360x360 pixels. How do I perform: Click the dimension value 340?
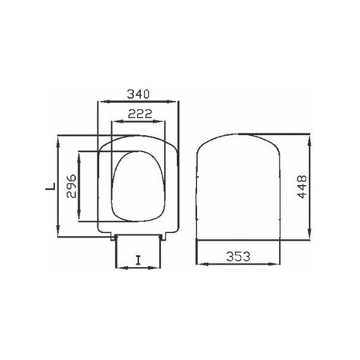(x=138, y=93)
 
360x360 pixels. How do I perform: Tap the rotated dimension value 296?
(x=71, y=186)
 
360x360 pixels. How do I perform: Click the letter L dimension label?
(x=47, y=186)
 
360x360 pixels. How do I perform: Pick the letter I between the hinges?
(x=138, y=260)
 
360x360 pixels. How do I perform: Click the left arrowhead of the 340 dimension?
(x=100, y=101)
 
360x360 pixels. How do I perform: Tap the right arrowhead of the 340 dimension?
(x=177, y=101)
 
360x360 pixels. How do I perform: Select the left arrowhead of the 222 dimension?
(x=114, y=122)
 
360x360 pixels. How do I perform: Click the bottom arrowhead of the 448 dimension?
(x=309, y=237)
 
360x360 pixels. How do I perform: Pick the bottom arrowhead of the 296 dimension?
(x=80, y=219)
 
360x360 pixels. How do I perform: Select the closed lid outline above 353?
(x=237, y=189)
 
